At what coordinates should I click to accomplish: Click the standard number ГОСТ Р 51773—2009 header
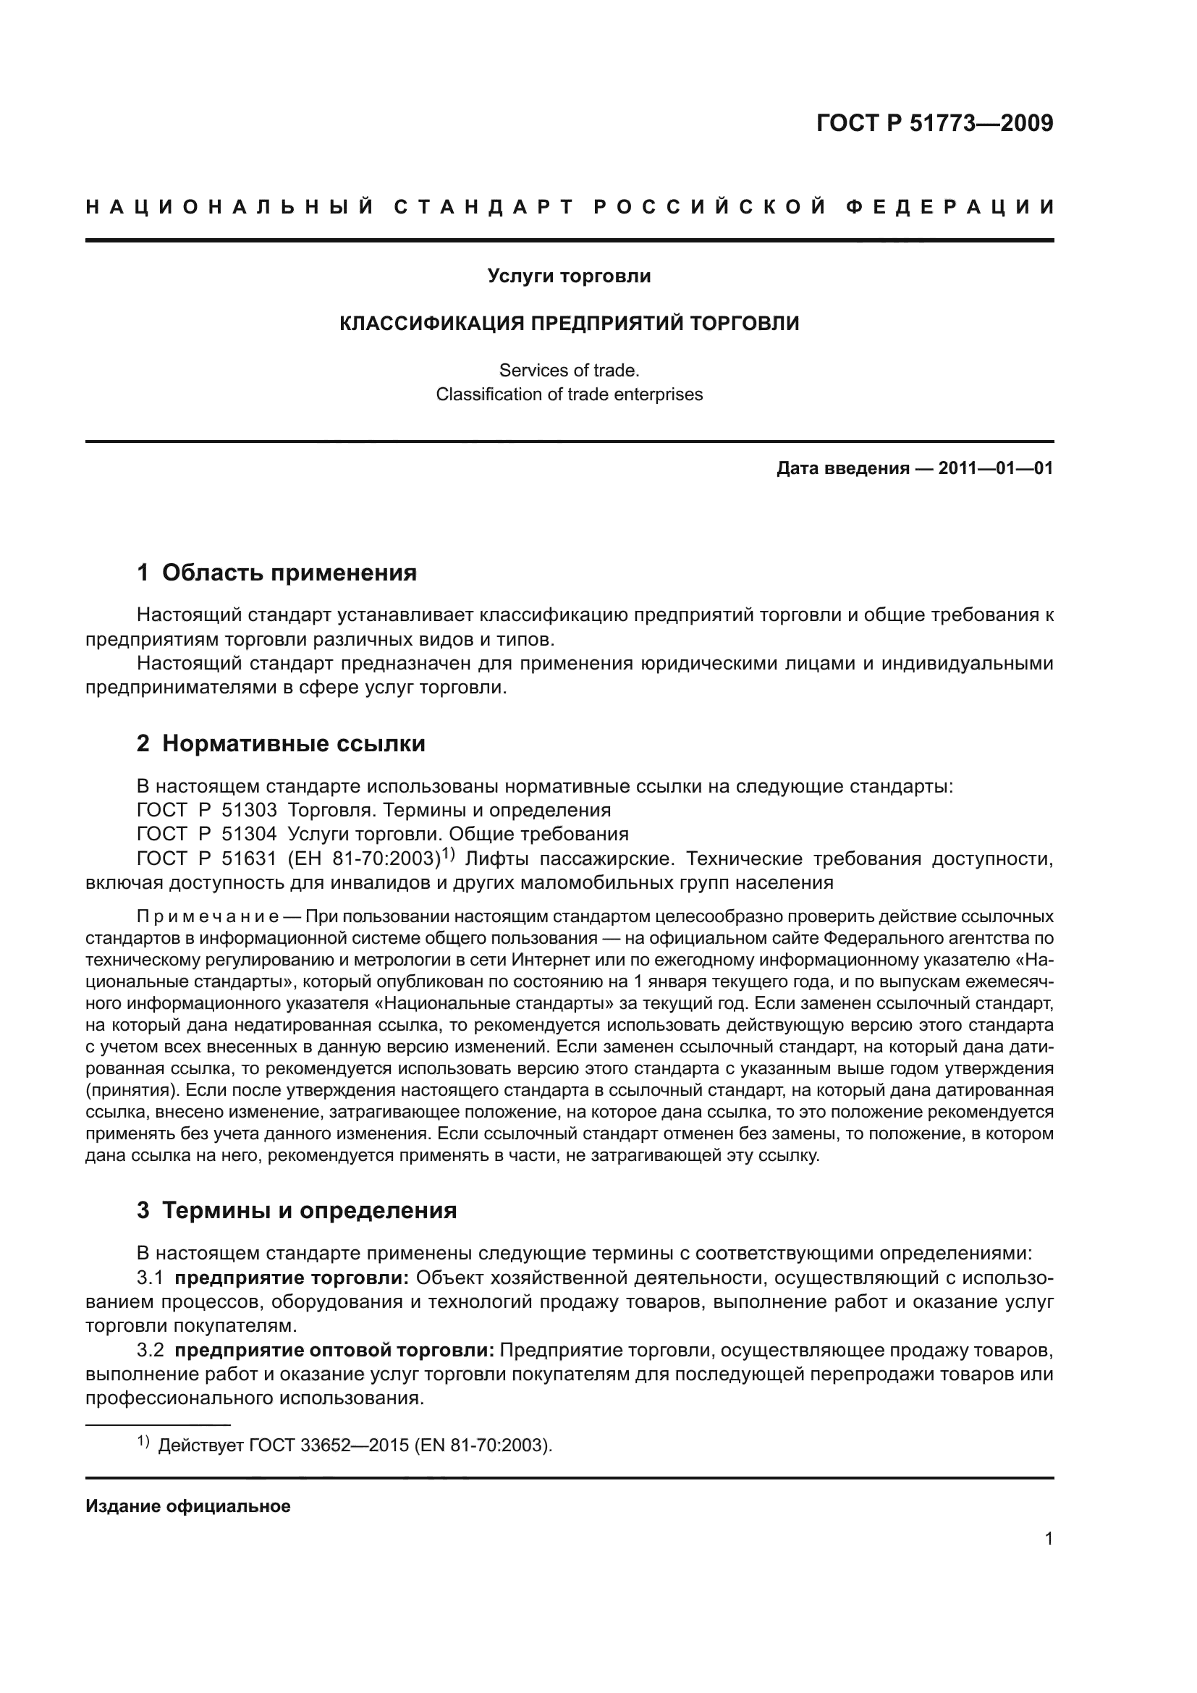tap(934, 123)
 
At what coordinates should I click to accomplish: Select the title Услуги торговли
tap(568, 276)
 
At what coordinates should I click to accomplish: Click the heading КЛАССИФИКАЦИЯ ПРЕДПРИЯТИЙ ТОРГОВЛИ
tap(568, 324)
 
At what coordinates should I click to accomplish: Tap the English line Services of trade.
tap(568, 370)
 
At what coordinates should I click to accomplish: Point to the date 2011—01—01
tap(995, 468)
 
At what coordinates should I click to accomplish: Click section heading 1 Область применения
tap(276, 573)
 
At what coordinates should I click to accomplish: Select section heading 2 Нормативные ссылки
tap(281, 744)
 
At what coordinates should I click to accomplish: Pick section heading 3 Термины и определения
tap(296, 1211)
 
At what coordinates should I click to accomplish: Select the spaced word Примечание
tap(207, 917)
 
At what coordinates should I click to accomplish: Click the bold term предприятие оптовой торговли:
tap(334, 1351)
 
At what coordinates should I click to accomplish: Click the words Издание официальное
tap(188, 1506)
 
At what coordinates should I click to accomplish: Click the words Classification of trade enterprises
tap(568, 394)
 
